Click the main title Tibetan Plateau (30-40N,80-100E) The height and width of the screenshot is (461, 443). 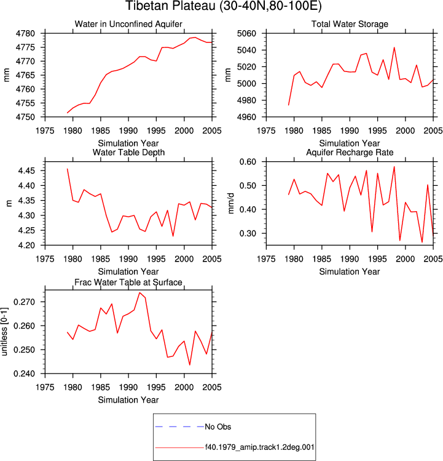pos(224,6)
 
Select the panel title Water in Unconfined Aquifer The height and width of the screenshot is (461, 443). pos(128,24)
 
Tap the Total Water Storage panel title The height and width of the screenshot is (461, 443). pos(350,24)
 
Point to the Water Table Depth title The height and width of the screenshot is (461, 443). pos(128,152)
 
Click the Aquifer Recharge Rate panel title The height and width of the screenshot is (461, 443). pos(350,152)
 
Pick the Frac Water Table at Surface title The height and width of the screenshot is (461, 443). pos(128,283)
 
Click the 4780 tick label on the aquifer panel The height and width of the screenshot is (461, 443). pos(25,33)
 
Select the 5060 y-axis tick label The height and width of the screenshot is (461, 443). pos(246,33)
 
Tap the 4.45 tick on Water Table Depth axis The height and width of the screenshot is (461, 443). pos(26,171)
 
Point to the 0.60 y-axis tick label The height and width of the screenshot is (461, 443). pos(248,162)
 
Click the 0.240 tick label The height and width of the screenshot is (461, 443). pos(25,374)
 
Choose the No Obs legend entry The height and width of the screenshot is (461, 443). pos(218,427)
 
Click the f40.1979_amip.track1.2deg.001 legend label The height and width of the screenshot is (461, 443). pos(259,447)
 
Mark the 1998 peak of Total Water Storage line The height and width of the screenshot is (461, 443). pos(394,47)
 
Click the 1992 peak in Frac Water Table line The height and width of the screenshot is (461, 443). pos(139,292)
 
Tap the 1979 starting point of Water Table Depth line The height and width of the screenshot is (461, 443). pos(68,169)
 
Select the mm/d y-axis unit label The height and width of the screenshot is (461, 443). pos(231,203)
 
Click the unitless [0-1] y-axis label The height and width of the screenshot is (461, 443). pos(4,332)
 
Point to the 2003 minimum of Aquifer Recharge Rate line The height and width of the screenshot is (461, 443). pos(422,243)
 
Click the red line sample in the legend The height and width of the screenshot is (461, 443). pos(179,448)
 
